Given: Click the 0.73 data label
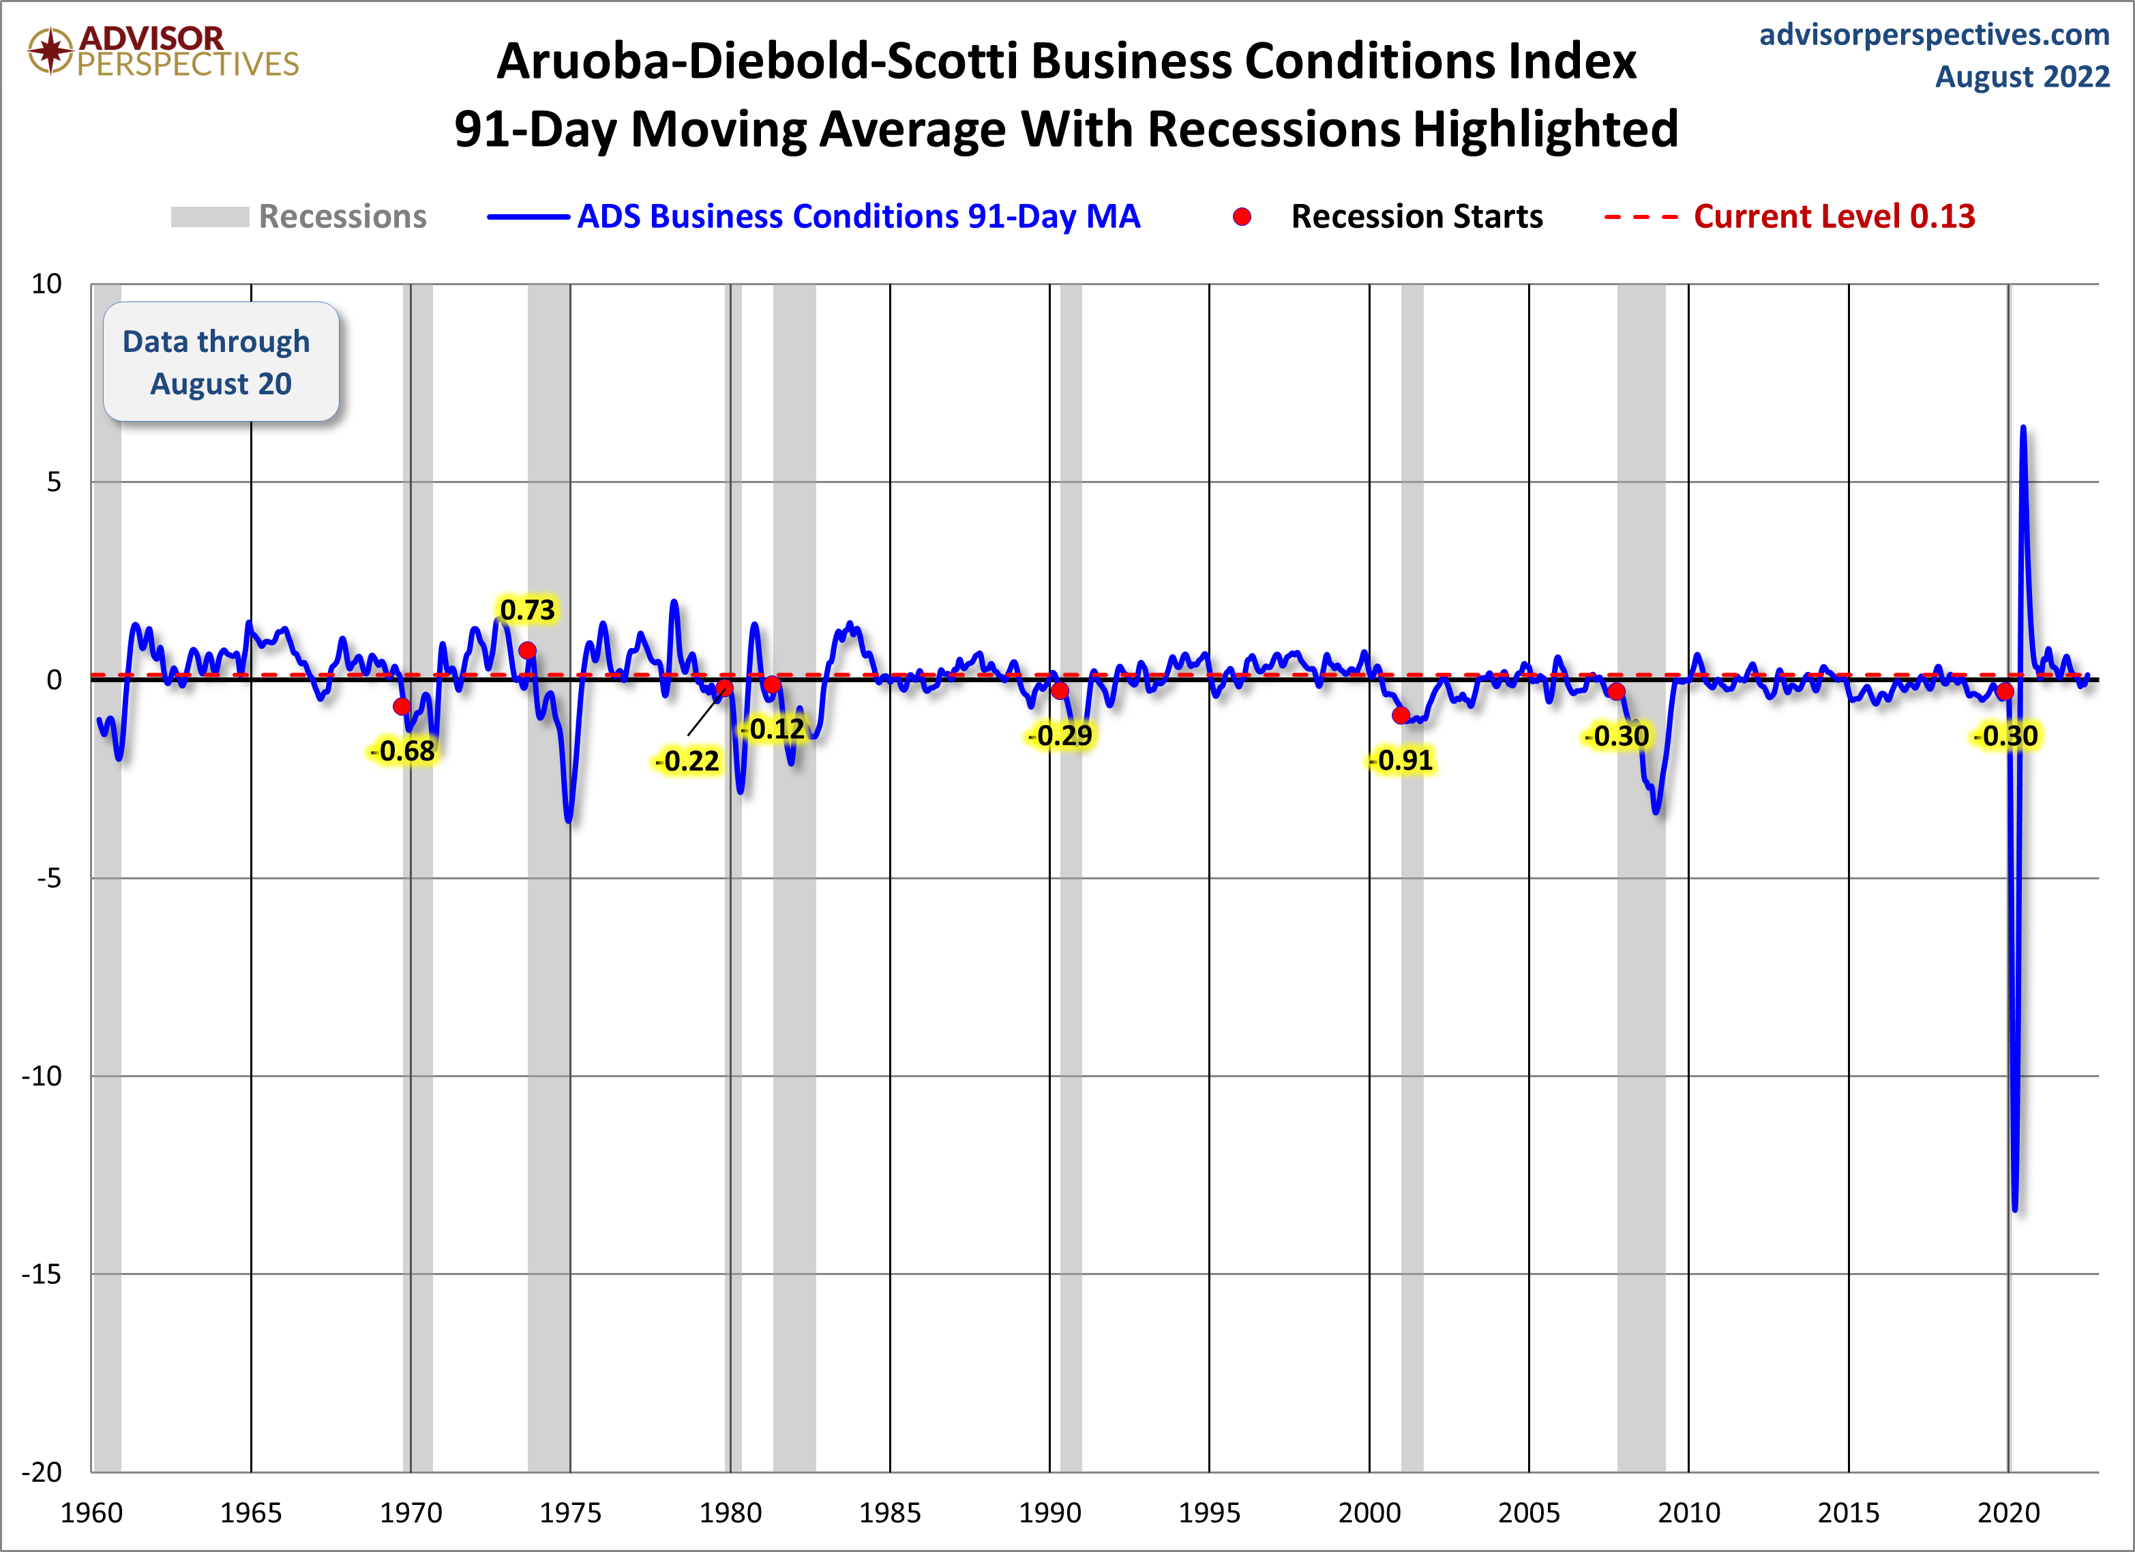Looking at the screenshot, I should (x=527, y=611).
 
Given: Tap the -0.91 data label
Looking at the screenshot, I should (x=1403, y=760).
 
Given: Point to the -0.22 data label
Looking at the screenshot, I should (x=688, y=761).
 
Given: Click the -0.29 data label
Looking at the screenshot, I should (x=1061, y=735).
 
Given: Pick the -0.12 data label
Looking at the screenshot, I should (x=775, y=729).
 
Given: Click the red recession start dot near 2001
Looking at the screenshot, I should (x=1401, y=716).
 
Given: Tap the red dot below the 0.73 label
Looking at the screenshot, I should (x=527, y=651).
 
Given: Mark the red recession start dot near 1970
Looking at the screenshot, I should (x=402, y=706).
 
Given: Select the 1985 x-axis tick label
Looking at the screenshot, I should (x=890, y=1513).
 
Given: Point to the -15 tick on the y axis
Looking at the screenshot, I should (x=42, y=1274).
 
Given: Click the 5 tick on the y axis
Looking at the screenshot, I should (x=54, y=482).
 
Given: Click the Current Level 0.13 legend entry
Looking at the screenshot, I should (x=1833, y=217).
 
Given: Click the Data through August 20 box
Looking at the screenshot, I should (x=220, y=362).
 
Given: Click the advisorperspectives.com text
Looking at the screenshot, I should (x=1934, y=35).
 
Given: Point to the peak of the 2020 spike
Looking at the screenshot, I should (x=2023, y=428).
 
